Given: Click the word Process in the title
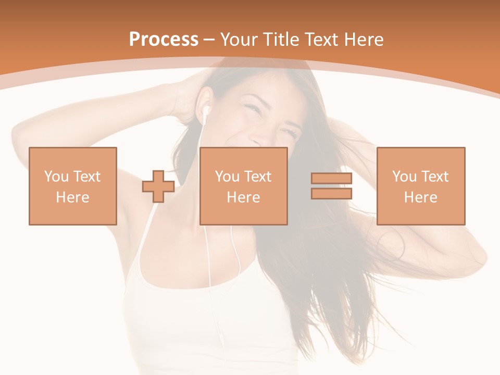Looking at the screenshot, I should click(x=164, y=40).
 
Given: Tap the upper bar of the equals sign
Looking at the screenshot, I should click(x=331, y=179).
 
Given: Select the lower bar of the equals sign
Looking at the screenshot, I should click(x=331, y=193).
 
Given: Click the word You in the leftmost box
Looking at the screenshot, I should click(x=56, y=177).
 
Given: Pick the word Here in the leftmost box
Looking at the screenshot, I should click(x=72, y=197).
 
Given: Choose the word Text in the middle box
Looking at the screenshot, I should click(x=257, y=177).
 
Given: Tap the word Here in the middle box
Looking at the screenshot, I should click(x=243, y=197).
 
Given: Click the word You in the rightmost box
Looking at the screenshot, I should click(x=404, y=177).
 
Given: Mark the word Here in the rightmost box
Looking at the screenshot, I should click(x=420, y=197).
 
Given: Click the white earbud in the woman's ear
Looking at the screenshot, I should click(x=206, y=110).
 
